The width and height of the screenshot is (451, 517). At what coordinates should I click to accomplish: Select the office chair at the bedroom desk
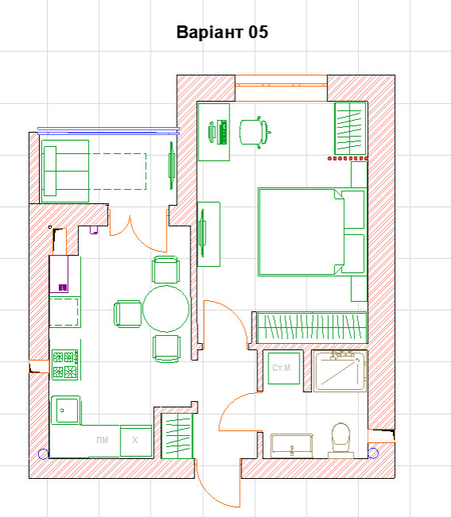pos(253,131)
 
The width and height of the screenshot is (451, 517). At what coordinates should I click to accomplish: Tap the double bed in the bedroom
pos(302,231)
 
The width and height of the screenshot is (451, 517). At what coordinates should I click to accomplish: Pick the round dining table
pos(166,309)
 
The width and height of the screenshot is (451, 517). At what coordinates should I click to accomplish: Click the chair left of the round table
pos(128,312)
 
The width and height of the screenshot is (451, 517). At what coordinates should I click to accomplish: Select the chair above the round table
pos(166,269)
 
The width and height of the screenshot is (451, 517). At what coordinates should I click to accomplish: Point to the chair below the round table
pos(166,347)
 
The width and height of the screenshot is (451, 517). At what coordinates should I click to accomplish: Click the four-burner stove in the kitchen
pos(64,365)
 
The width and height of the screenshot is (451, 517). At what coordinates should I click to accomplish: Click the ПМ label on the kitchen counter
pos(102,440)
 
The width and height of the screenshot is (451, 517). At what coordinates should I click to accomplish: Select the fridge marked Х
pos(135,440)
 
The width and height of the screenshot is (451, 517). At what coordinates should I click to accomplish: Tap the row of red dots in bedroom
pos(348,159)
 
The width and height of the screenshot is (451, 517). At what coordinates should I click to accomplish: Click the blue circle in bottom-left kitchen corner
pos(42,454)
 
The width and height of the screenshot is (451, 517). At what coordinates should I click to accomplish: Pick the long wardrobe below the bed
pos(310,326)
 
